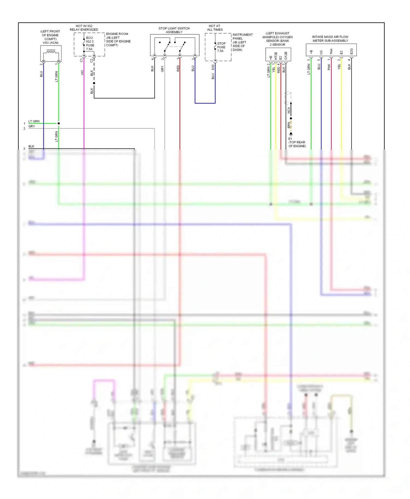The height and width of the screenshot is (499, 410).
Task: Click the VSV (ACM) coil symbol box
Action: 51,54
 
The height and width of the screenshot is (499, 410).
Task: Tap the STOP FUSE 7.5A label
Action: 221,47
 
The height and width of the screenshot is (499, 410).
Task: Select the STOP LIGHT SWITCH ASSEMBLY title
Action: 174,30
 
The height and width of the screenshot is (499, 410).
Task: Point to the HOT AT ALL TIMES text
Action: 215,28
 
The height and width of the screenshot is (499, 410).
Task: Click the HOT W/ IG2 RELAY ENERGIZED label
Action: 84,28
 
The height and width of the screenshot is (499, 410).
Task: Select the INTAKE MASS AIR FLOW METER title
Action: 330,39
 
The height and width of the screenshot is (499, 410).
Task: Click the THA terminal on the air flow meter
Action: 331,51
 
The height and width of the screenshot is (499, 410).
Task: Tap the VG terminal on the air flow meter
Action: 321,52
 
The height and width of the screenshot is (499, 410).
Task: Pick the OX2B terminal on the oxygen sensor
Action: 286,55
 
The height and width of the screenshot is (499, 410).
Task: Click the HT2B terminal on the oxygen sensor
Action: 276,56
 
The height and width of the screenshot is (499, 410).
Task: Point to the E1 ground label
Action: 290,139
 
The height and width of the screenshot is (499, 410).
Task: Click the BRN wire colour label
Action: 289,125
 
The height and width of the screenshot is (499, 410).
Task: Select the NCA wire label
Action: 289,110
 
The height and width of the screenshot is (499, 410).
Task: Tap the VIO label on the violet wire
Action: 82,73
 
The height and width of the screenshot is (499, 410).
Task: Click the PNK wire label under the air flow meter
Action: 329,67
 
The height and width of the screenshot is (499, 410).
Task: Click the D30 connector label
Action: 213,67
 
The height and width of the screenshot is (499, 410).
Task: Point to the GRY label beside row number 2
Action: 32,126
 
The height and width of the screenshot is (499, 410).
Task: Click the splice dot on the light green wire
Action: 59,123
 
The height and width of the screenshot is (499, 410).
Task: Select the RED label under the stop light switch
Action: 178,68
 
